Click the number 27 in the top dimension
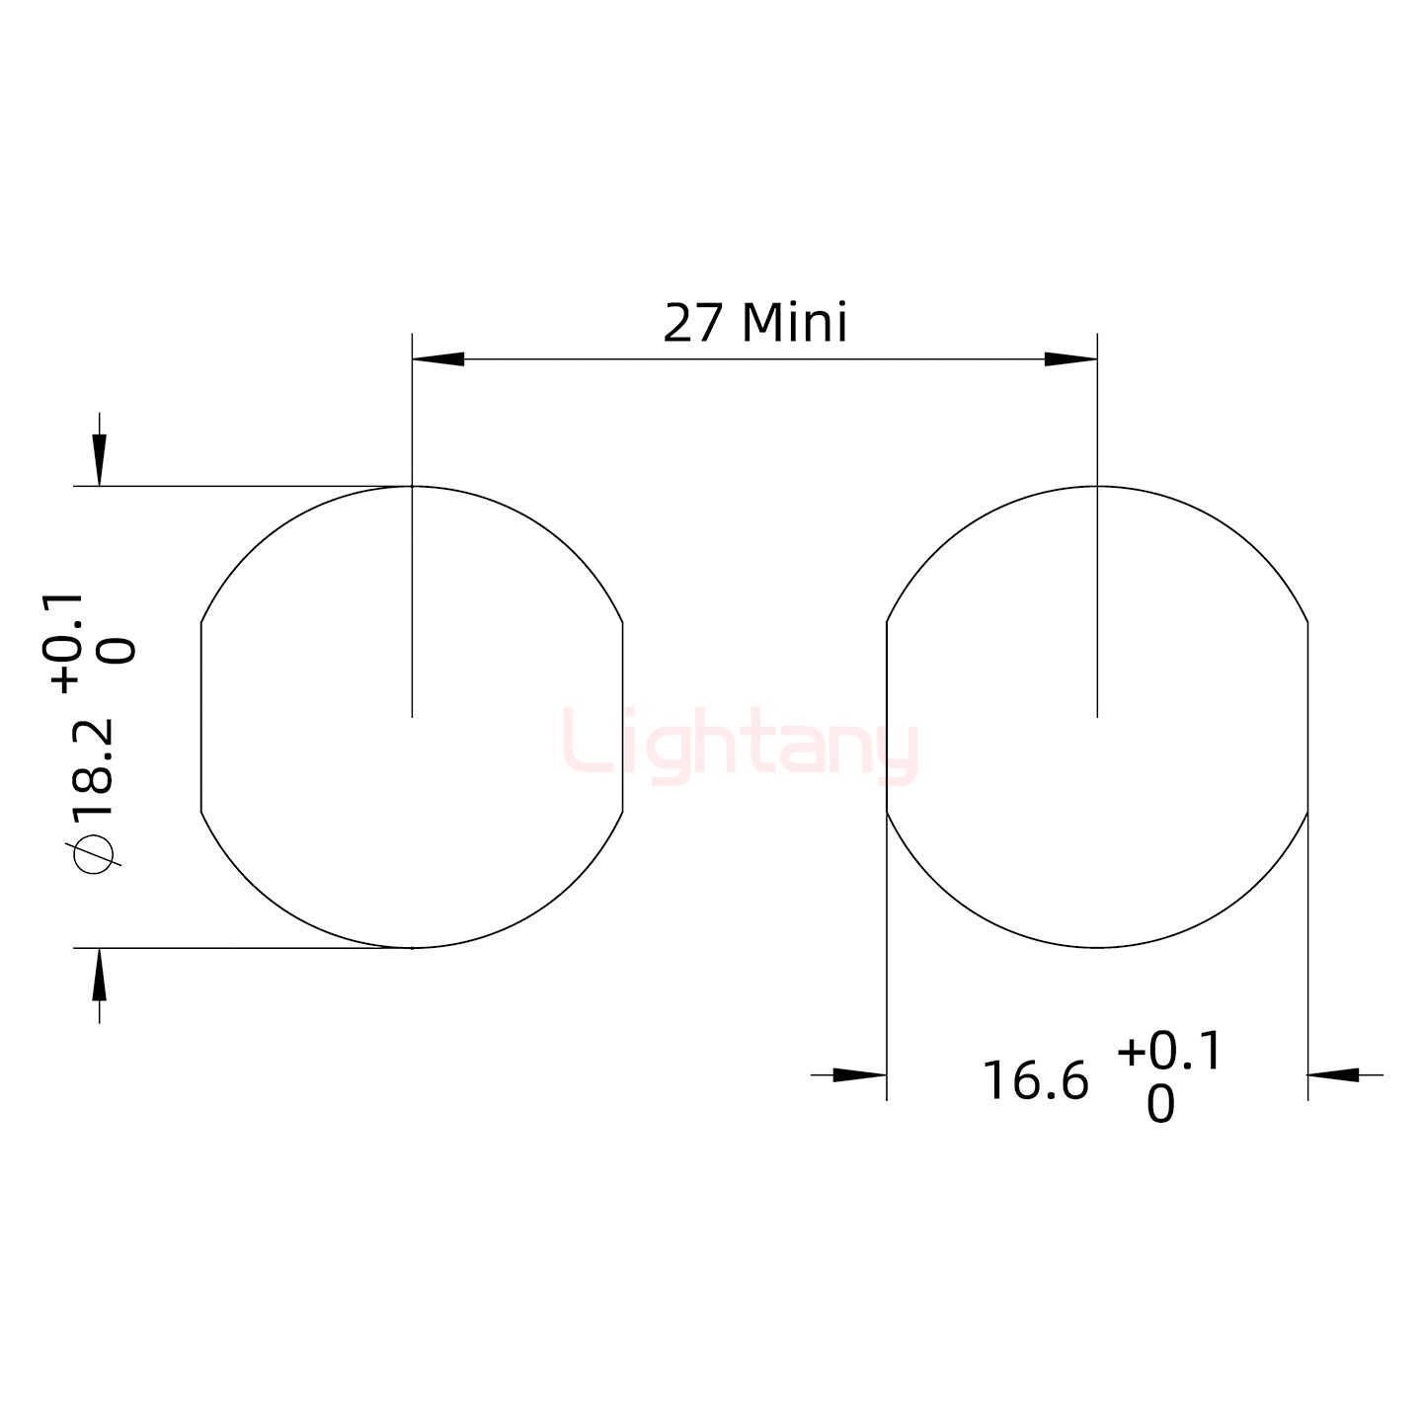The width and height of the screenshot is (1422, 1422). coord(694,324)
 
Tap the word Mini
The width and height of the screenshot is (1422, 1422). coord(794,324)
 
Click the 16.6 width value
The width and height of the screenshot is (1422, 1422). coord(1035,1081)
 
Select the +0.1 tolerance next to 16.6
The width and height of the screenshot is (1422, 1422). coord(1169,1053)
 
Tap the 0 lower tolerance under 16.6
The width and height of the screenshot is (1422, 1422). coord(1161,1105)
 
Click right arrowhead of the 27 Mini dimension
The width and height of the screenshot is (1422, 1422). coord(1070,359)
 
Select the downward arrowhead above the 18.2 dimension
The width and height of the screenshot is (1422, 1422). coord(99,461)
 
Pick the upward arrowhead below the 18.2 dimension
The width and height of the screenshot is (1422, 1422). coord(99,974)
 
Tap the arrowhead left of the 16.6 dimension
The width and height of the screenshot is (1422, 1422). coord(859,1074)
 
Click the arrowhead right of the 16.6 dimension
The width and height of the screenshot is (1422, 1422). coord(1334,1074)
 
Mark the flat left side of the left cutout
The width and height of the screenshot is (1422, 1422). coord(201,718)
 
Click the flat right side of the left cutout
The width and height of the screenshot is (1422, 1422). coord(623,718)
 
